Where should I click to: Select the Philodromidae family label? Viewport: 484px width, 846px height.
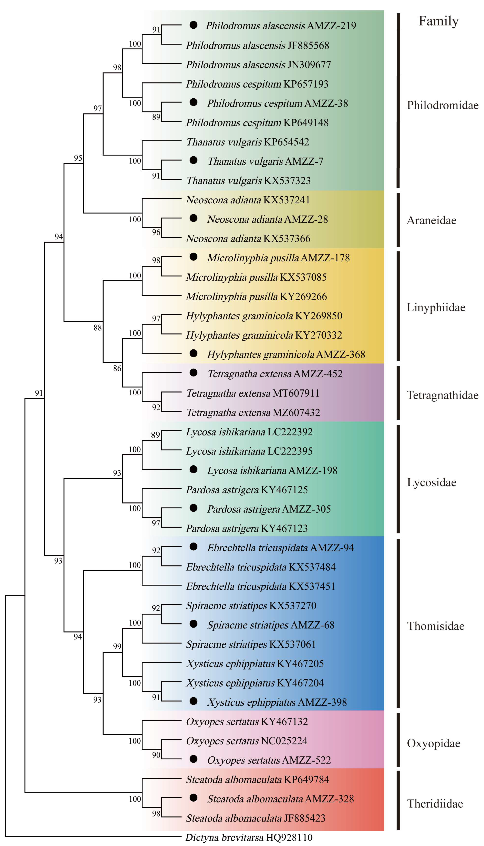click(x=442, y=105)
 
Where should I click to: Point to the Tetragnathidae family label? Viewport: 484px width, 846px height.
click(x=442, y=395)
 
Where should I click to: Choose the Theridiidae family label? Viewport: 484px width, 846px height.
click(x=435, y=804)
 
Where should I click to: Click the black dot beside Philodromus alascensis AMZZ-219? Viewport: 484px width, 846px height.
click(x=193, y=25)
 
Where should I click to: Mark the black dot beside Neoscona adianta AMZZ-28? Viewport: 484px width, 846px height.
click(x=193, y=218)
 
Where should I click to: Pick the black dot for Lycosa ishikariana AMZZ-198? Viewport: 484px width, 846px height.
click(x=193, y=469)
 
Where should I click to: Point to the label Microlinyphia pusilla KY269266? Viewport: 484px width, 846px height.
click(x=256, y=297)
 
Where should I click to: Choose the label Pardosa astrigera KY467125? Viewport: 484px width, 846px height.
click(x=247, y=490)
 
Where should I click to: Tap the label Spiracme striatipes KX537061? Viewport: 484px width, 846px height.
click(x=251, y=644)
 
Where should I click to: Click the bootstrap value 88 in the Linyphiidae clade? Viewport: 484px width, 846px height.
click(x=97, y=328)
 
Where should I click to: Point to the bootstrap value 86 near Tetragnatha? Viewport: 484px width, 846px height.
click(x=117, y=368)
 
